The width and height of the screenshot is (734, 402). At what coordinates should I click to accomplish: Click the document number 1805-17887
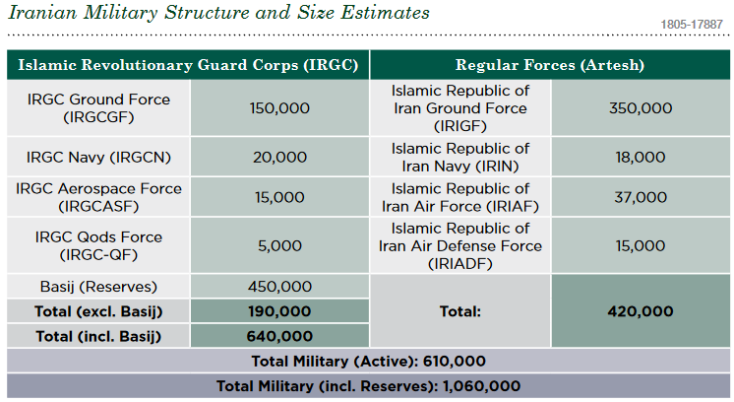coord(692,25)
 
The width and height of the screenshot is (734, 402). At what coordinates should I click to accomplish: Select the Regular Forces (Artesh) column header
coord(550,65)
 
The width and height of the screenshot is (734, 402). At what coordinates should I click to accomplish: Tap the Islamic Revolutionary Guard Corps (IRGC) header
coord(188,65)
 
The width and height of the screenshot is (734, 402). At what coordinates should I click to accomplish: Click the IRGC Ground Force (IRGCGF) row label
coord(98,108)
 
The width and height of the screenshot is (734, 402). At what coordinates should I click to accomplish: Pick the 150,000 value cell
coord(279,108)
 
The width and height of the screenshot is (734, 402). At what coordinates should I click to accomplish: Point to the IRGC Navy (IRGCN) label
coord(98,157)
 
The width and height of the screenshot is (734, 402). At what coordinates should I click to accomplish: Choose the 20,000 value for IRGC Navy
coord(280,157)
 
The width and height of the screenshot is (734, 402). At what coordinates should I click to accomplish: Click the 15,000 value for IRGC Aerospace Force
coord(280,197)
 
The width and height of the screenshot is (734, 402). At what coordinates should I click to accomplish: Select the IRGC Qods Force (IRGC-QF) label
coord(98,245)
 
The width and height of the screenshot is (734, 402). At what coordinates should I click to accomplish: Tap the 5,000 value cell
coord(280,246)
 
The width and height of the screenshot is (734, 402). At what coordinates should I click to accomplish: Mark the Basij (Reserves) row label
coord(98,287)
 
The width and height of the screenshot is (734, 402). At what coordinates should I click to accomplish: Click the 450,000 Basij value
coord(280,287)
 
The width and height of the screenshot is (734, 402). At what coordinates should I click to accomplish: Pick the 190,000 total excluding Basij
coord(280,311)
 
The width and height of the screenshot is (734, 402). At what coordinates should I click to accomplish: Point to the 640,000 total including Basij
coord(280,336)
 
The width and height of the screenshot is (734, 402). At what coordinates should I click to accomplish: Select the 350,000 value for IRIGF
coord(641,108)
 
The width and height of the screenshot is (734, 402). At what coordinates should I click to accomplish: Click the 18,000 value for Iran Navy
coord(641,157)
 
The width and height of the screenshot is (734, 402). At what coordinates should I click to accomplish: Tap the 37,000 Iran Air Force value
coord(641,197)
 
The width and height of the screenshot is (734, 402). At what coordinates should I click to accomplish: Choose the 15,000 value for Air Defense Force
coord(641,246)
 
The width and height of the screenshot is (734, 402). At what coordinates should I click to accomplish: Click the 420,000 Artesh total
coord(641,311)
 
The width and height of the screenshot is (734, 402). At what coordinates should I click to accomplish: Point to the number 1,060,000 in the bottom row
coord(482,386)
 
